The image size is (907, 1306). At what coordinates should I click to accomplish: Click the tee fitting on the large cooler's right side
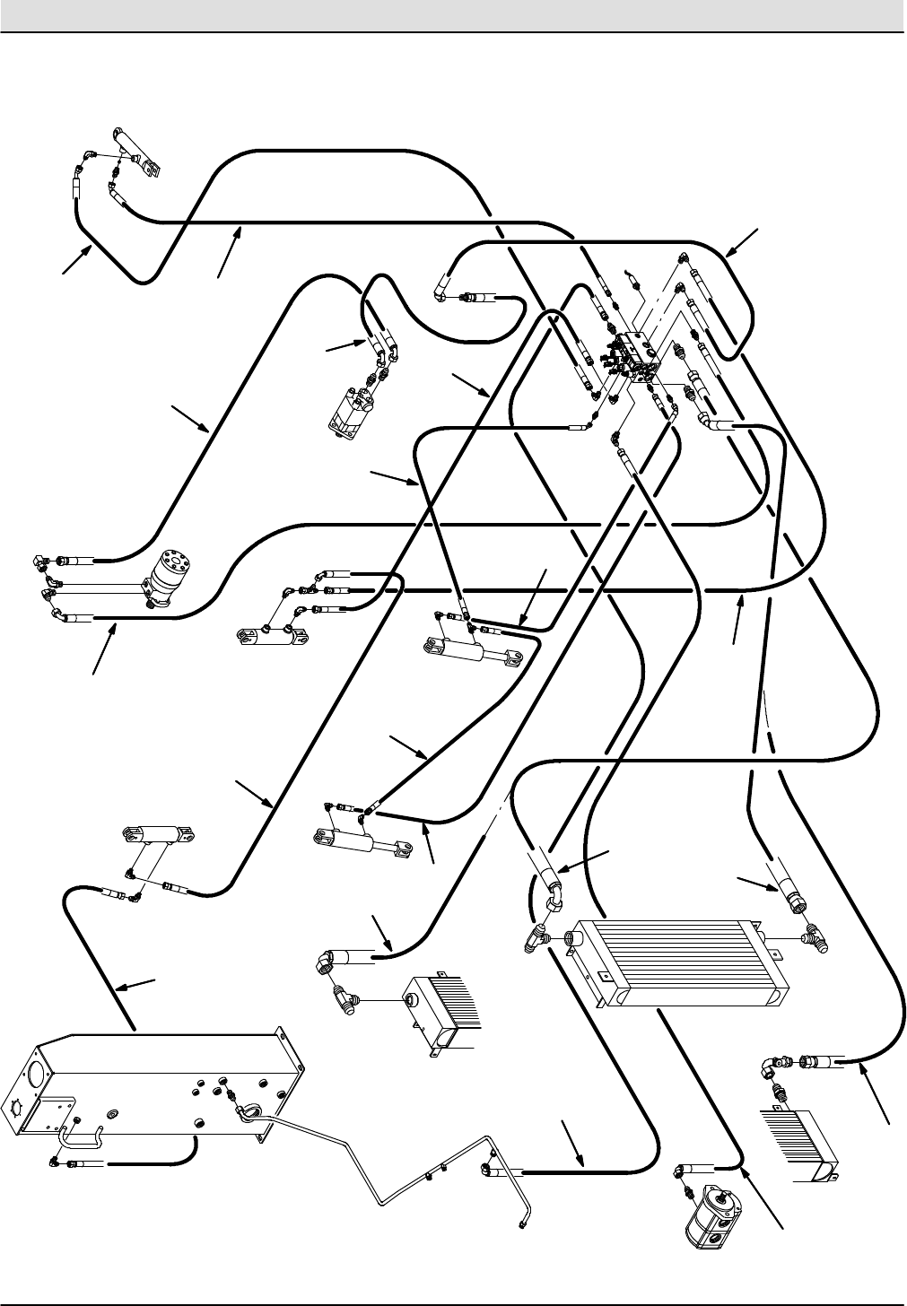click(x=818, y=937)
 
